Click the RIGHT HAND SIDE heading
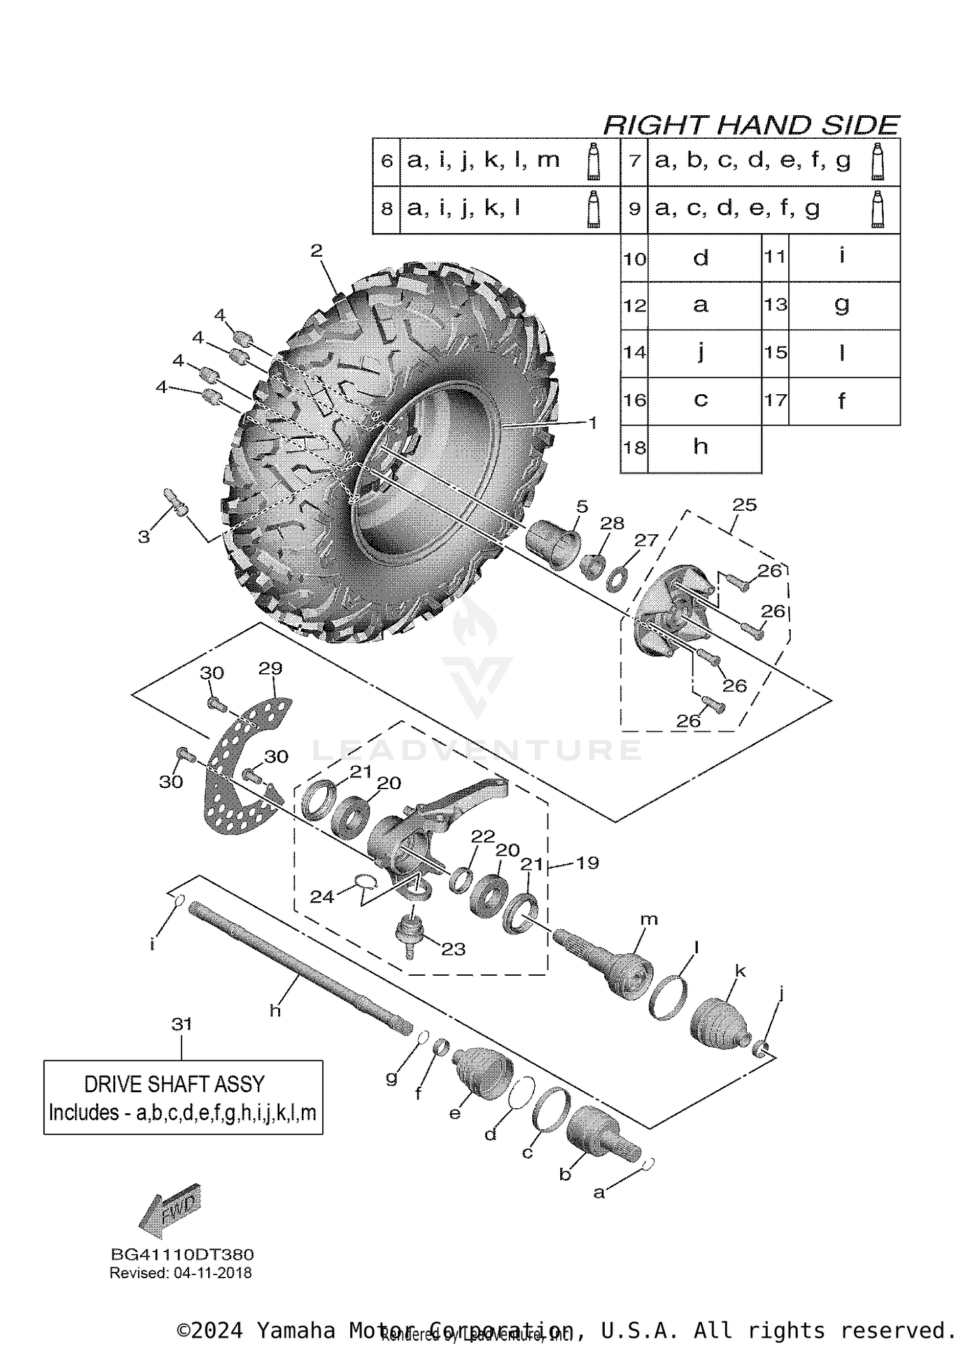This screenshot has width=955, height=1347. tap(751, 125)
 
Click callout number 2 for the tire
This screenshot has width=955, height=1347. tap(316, 251)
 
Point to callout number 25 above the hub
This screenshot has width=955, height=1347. tap(744, 505)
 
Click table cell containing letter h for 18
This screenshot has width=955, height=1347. tap(700, 448)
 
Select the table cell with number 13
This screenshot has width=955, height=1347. tap(775, 305)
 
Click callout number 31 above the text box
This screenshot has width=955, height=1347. tap(181, 1024)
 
